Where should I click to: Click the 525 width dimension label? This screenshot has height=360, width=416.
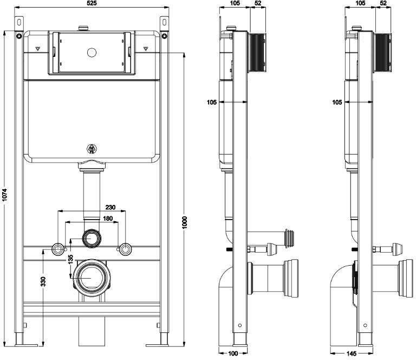tap(92, 3)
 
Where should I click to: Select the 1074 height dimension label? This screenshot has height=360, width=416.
tap(5, 195)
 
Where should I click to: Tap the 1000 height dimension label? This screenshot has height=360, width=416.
tap(185, 222)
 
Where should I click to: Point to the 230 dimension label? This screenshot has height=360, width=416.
tap(110, 207)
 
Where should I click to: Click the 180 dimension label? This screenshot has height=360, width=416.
tap(108, 218)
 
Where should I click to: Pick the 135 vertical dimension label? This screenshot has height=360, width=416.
tap(70, 260)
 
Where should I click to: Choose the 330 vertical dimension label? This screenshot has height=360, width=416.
tap(43, 282)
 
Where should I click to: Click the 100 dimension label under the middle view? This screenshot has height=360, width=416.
tap(233, 353)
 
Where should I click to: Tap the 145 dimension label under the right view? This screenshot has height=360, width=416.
tap(351, 353)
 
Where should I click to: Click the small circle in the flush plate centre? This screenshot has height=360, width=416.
tap(92, 53)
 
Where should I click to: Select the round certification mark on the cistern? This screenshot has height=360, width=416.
tap(92, 149)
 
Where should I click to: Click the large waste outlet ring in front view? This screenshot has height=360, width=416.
tap(91, 278)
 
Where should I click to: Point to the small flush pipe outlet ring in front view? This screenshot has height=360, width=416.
tap(92, 238)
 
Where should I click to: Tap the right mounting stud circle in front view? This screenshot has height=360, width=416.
tap(125, 249)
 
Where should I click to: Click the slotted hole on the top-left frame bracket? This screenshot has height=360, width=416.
tap(19, 22)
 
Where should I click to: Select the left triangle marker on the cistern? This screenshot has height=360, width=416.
tap(38, 49)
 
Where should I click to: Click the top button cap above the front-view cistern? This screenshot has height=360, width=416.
tap(84, 28)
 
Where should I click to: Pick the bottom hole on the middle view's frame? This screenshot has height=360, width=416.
tap(240, 325)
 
